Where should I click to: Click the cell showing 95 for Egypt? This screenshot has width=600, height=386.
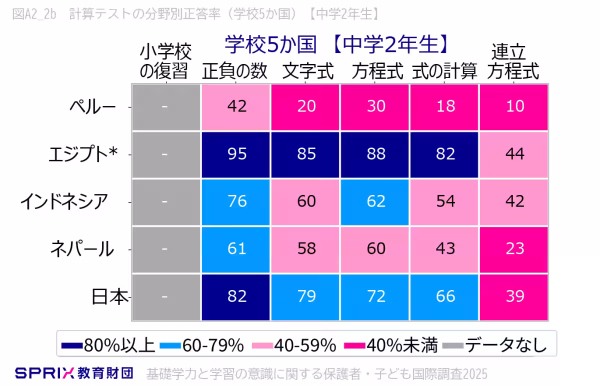[x=236, y=153]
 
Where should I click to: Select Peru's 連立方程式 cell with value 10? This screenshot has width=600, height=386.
[x=514, y=106]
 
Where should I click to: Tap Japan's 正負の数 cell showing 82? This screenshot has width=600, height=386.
[x=236, y=296]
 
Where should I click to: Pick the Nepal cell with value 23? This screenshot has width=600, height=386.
[x=514, y=248]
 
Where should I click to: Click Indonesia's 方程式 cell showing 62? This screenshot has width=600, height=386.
[x=375, y=201]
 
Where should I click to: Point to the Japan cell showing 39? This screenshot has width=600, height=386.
[x=514, y=296]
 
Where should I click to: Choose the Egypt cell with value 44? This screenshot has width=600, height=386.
[x=514, y=153]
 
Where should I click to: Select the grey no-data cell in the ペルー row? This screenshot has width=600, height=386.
[x=165, y=106]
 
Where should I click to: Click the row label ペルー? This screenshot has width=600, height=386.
[x=92, y=106]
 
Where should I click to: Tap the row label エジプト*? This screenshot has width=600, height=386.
[x=83, y=154]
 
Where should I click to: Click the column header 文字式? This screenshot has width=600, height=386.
[x=307, y=72]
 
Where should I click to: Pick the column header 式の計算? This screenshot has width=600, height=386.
[x=444, y=72]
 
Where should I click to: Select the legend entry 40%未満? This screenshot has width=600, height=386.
[x=392, y=345]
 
